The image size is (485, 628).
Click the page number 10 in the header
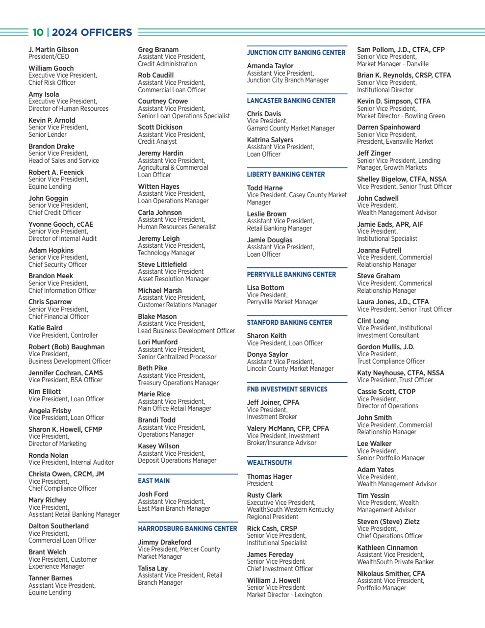[38, 32]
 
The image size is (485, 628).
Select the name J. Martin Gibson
[53, 50]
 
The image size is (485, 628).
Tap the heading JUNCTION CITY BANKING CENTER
[296, 52]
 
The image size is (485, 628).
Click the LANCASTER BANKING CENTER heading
[291, 101]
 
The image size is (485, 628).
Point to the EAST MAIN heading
[153, 481]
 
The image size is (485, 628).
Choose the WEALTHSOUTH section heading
[269, 463]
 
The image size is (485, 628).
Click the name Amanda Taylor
[270, 66]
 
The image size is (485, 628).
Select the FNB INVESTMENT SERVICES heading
[287, 389]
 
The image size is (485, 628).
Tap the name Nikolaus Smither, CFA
[391, 574]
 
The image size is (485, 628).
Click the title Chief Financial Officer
[58, 316]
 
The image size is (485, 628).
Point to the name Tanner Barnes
[50, 578]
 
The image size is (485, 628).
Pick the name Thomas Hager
[269, 476]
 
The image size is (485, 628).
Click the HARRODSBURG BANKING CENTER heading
[187, 528]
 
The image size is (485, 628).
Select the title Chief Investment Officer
[280, 569]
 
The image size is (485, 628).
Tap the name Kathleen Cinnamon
[387, 548]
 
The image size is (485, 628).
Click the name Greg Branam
[158, 50]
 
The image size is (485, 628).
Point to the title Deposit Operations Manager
[177, 460]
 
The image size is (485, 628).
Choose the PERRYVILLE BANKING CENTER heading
[291, 274]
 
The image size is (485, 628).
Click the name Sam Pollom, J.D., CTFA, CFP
[401, 50]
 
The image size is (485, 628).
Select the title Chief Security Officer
[57, 264]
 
